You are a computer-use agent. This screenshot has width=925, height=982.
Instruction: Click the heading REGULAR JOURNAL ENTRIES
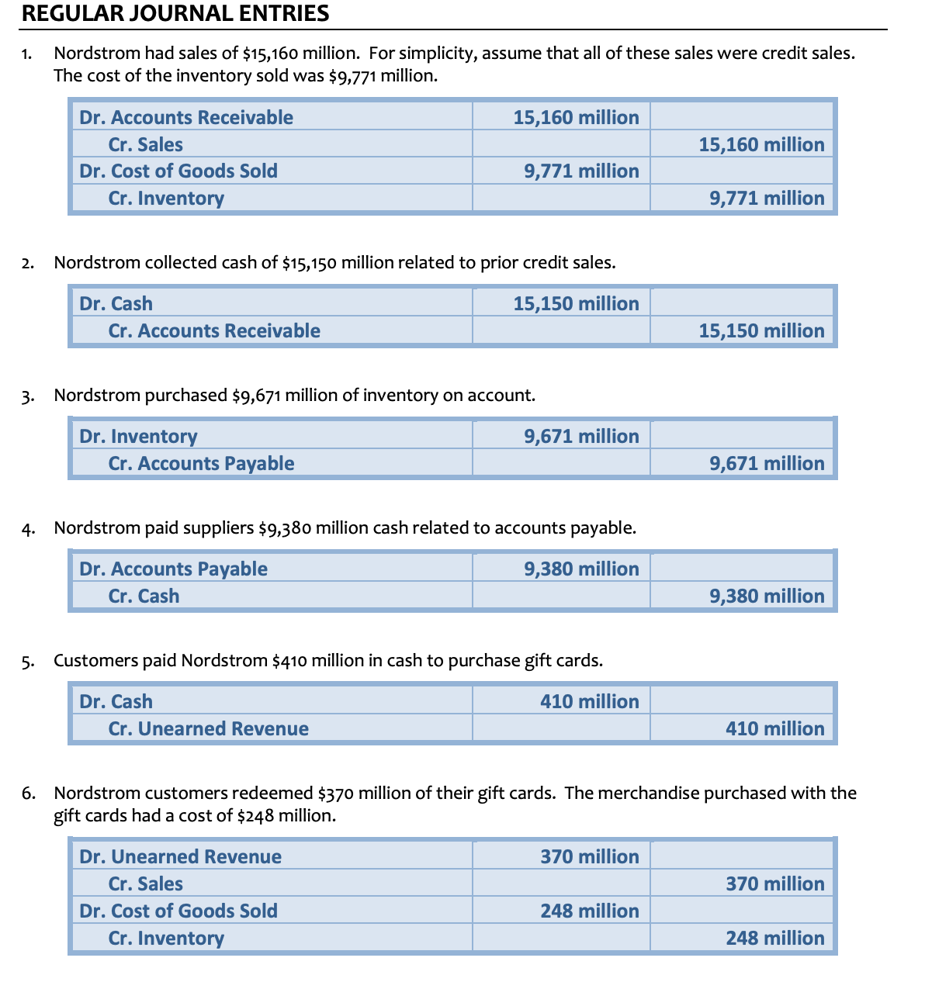click(175, 13)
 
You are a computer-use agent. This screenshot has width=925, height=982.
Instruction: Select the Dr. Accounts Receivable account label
click(186, 117)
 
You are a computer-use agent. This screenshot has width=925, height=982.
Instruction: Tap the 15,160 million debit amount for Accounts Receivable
click(576, 117)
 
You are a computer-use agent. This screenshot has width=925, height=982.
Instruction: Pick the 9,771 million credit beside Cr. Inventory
click(767, 198)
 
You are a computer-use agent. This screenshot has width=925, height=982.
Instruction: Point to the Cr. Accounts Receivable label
click(214, 330)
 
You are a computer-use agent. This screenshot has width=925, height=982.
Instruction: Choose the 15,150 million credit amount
click(761, 330)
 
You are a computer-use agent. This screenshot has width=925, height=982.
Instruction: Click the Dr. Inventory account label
click(138, 436)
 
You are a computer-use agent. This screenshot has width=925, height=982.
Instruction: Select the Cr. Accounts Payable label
click(201, 463)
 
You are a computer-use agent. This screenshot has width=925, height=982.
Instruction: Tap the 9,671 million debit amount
click(581, 436)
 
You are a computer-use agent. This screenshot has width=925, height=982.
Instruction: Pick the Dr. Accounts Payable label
click(173, 569)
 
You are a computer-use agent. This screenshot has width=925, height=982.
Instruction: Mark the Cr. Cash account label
click(144, 596)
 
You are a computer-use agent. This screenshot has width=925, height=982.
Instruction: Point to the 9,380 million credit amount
click(767, 596)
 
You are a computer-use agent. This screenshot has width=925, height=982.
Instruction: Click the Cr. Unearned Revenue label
click(208, 728)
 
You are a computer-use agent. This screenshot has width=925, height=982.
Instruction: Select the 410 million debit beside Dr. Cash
click(590, 701)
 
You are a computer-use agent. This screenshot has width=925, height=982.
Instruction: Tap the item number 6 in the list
click(28, 794)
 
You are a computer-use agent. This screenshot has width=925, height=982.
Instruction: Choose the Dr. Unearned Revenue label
click(180, 856)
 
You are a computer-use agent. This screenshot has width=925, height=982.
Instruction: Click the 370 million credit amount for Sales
click(775, 883)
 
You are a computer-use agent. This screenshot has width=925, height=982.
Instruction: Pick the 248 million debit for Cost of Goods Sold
click(590, 911)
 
